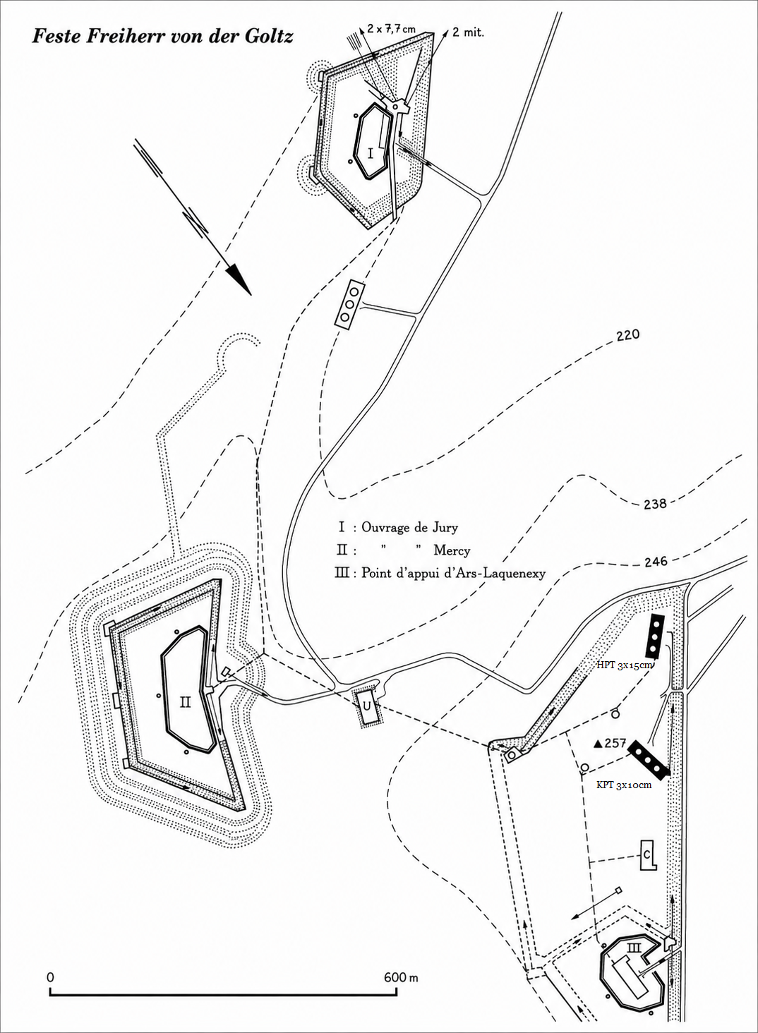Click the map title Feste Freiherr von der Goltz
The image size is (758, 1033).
click(x=162, y=37)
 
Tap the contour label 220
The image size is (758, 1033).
click(x=628, y=334)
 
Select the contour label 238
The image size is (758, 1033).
click(x=655, y=503)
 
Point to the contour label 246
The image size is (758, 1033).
click(x=656, y=562)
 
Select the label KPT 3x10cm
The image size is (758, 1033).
click(x=624, y=785)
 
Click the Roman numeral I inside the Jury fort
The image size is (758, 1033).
click(x=371, y=153)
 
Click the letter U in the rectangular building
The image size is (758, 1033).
click(x=367, y=706)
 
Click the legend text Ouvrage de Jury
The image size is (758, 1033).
click(x=409, y=527)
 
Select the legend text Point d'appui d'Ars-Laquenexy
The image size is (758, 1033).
click(x=453, y=573)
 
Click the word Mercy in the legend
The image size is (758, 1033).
click(x=452, y=550)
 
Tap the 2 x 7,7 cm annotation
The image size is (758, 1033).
click(x=391, y=29)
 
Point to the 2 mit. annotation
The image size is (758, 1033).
click(x=468, y=32)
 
